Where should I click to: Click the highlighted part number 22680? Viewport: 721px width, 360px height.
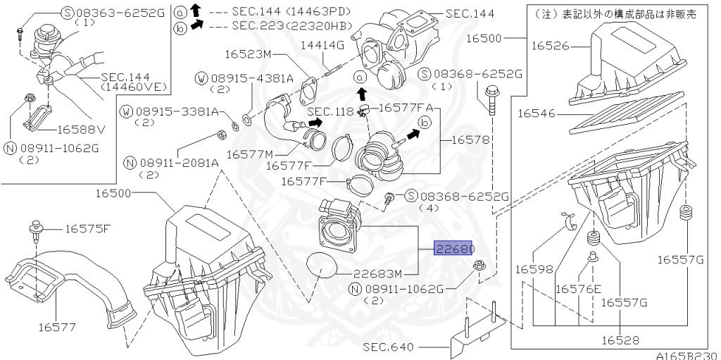point(454,249)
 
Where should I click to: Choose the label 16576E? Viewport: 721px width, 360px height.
point(578,289)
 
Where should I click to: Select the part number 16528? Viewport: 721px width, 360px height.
point(620,340)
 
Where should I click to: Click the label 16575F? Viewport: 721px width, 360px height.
point(88,228)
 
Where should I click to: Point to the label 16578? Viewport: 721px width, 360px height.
point(468,139)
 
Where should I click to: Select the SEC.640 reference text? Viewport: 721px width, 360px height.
point(389,347)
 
